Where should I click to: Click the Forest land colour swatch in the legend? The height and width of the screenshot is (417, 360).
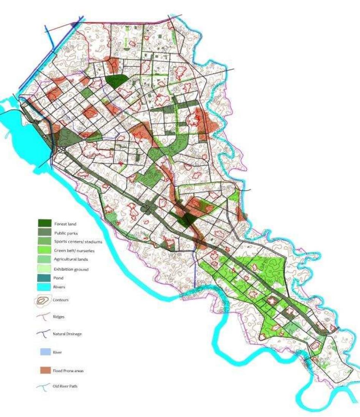(45, 223)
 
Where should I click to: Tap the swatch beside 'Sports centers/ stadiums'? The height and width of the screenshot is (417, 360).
(45, 241)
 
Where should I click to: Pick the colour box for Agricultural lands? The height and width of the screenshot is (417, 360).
(45, 260)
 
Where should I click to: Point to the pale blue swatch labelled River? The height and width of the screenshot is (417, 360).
(45, 352)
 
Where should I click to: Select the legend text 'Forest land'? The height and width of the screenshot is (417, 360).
(65, 224)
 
